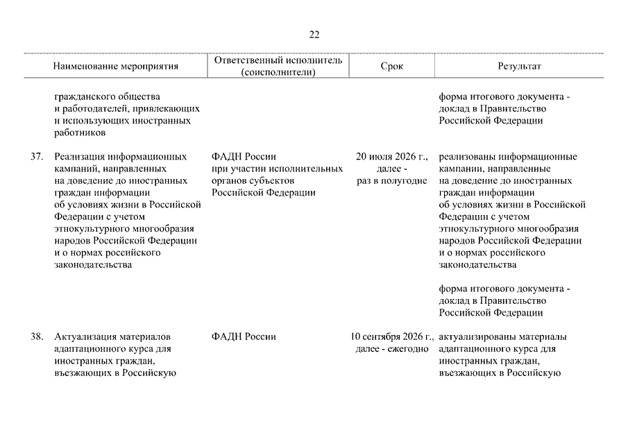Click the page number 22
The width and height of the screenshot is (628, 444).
tap(314, 35)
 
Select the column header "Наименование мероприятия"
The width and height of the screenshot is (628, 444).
tap(116, 67)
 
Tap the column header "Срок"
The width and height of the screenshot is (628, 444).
tap(391, 67)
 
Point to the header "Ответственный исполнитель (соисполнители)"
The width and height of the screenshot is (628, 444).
tap(278, 67)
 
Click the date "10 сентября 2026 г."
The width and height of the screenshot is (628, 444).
tap(392, 337)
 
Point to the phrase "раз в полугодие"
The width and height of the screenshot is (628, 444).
tap(392, 180)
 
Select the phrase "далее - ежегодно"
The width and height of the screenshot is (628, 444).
tap(392, 349)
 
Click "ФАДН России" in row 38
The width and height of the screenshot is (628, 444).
tap(244, 337)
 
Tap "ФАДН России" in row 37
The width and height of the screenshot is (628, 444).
tap(244, 157)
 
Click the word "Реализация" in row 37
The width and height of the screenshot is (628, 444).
tap(80, 157)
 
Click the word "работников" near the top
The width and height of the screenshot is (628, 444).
tap(80, 133)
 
